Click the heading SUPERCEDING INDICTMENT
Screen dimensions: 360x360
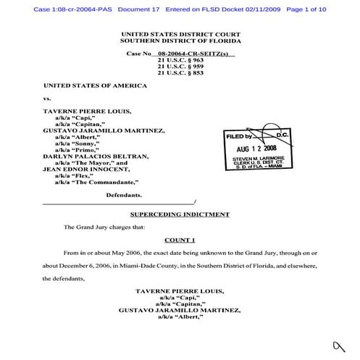coord(180,215)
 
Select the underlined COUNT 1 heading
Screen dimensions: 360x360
coord(180,239)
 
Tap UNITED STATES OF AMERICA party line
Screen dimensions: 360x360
coord(95,85)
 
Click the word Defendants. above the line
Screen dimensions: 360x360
coord(124,196)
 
